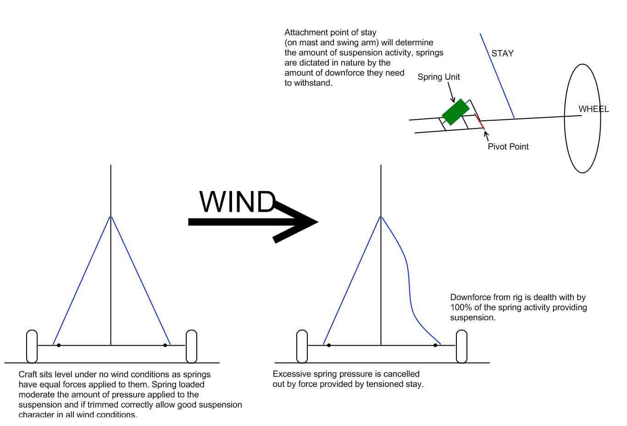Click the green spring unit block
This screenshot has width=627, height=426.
(455, 112)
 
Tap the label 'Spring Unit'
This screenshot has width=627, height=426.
(438, 77)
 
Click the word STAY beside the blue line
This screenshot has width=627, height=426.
(502, 54)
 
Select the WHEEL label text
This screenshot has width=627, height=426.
(593, 109)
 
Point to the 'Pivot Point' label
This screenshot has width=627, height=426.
(508, 147)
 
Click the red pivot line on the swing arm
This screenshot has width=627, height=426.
(480, 123)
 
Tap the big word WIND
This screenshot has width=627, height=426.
(237, 202)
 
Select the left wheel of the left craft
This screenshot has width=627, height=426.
(32, 346)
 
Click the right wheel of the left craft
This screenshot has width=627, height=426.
(191, 346)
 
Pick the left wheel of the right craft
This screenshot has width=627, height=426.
(302, 346)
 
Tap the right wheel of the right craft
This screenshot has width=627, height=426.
(461, 346)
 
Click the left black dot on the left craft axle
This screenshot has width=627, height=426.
(59, 345)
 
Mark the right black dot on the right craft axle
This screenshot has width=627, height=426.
(435, 345)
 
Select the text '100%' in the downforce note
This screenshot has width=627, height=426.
(459, 308)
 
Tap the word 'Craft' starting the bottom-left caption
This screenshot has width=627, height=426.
(28, 375)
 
